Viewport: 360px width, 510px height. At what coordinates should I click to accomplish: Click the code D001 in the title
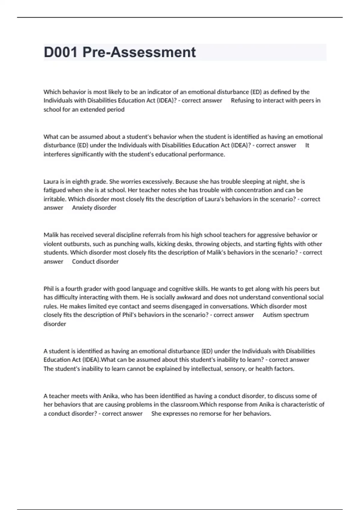[61, 52]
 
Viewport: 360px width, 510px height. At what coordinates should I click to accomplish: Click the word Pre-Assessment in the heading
[139, 52]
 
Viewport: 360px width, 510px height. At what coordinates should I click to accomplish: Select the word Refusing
[242, 100]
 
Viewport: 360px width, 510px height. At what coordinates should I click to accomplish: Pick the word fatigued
[55, 190]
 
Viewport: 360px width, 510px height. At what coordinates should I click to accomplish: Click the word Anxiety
[82, 208]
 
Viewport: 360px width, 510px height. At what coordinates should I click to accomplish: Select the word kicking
[166, 244]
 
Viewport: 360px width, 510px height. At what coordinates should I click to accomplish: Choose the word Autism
[272, 315]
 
